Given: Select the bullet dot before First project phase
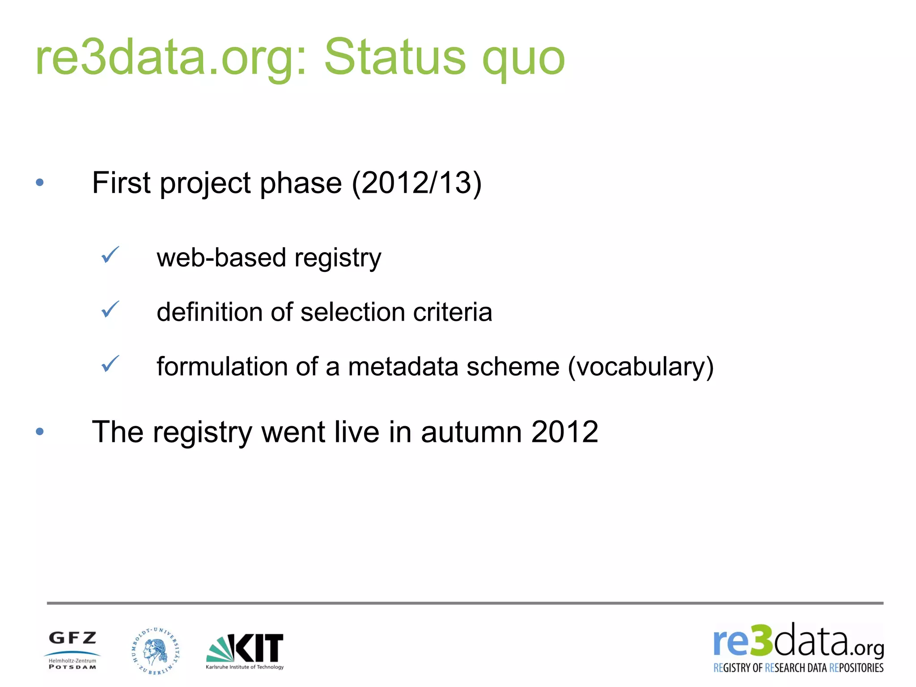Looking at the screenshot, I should [40, 182].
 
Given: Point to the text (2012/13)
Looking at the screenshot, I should [416, 183].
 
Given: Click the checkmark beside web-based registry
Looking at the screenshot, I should [110, 255].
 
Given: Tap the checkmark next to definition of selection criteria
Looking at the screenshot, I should [110, 310].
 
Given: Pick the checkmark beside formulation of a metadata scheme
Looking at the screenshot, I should [110, 364].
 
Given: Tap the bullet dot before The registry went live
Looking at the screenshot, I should [40, 431].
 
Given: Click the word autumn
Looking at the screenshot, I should [471, 432].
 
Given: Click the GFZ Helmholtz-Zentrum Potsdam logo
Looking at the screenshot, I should [72, 650].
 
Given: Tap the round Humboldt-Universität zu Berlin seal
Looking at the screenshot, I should [156, 651].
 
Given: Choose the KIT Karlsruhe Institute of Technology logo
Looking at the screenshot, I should [245, 651].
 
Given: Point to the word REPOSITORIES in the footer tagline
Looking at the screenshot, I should [856, 668].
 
